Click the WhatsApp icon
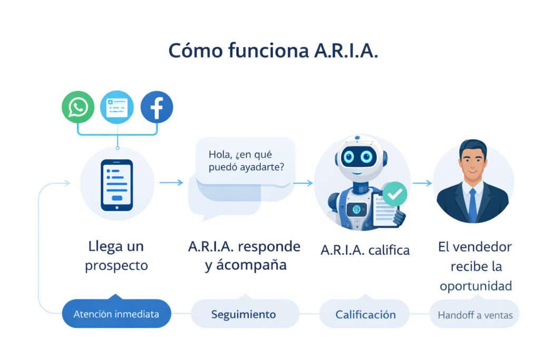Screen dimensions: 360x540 [x=78, y=108]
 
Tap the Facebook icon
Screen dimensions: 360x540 [x=157, y=108]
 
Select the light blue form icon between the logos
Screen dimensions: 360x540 [x=117, y=108]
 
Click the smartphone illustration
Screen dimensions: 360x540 [x=117, y=185]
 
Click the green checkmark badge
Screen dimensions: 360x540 [x=394, y=195]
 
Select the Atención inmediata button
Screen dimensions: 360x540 [x=116, y=314]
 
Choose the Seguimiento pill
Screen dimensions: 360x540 [x=244, y=314]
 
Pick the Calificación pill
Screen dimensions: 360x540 [x=365, y=315]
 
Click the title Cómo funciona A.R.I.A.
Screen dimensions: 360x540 [x=273, y=51]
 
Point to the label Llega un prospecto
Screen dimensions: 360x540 [x=117, y=256]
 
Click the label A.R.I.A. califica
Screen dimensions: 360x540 [x=365, y=250]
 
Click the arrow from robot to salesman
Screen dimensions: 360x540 [x=422, y=183]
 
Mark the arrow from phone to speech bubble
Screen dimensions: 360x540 [x=171, y=183]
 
